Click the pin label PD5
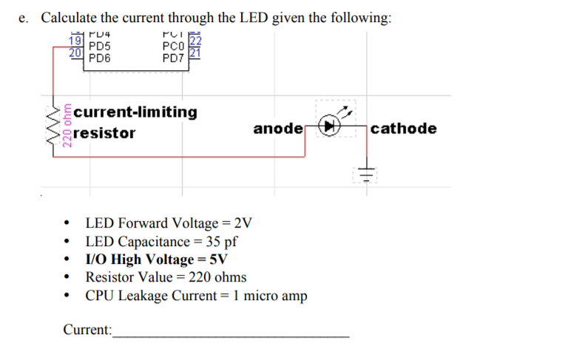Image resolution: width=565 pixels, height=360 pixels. pos(100,45)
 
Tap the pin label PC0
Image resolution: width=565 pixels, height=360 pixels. pos(175,45)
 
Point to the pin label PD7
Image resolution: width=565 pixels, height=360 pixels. pos(175,57)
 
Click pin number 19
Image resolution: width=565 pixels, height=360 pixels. pos(75,42)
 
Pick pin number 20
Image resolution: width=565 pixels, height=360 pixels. pos(75,53)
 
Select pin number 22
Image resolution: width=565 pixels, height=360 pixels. pos(195,42)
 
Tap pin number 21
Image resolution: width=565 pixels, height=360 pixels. pos(195,53)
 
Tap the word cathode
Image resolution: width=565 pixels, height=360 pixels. pos(404,129)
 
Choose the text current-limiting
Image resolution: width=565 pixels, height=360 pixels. pos(136,112)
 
